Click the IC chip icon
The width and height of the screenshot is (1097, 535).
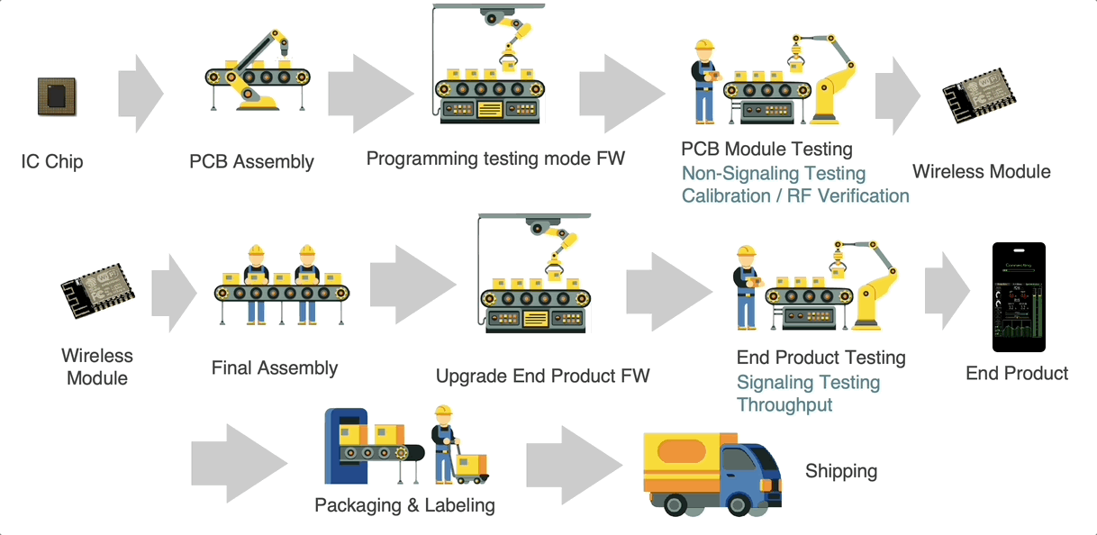pos(56,95)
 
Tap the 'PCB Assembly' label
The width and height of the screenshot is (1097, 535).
pos(251,162)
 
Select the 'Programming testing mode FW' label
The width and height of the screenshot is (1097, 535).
pos(495,159)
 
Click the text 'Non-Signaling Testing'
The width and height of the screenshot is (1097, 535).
pos(773,174)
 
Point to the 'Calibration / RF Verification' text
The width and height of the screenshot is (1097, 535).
pos(794,196)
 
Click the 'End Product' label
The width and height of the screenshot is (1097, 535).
pos(1017,374)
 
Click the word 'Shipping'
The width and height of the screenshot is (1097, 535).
pos(840,471)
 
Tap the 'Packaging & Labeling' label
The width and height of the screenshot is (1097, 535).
pos(404,505)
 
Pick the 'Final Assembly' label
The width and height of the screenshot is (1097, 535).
pos(274,368)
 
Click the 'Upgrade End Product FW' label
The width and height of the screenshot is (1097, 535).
pos(542,376)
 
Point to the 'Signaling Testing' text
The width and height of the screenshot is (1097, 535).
pos(808,383)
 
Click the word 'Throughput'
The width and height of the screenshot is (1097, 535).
pos(784,405)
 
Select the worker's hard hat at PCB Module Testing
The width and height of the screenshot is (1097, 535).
pos(704,45)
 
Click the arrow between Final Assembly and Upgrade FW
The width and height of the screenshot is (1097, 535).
pos(411,284)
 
